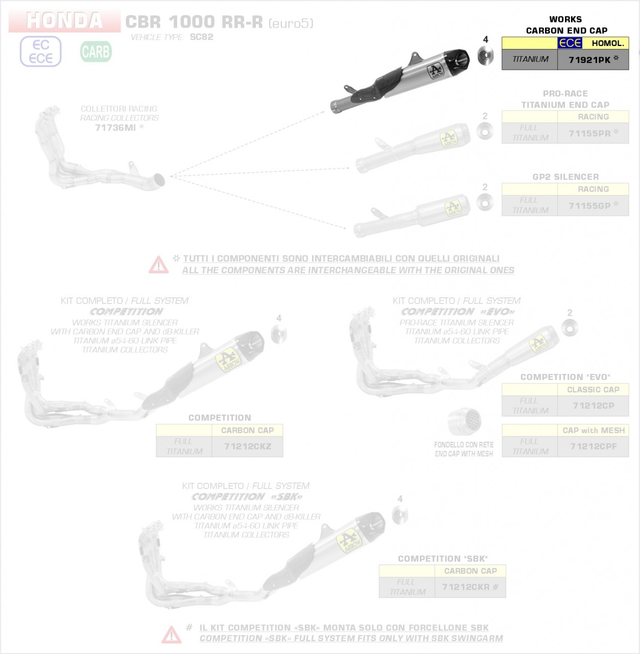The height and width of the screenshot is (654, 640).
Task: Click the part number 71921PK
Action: click(589, 60)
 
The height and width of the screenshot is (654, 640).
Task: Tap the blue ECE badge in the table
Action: click(570, 43)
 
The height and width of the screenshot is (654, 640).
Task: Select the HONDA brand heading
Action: click(64, 21)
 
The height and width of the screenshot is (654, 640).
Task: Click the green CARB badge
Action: click(96, 52)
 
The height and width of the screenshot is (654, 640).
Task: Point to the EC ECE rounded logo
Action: click(40, 52)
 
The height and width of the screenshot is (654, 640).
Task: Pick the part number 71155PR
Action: click(589, 133)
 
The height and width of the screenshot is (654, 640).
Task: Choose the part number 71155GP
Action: click(589, 206)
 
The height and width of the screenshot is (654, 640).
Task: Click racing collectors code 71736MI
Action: click(115, 128)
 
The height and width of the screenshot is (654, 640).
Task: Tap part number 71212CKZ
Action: click(247, 447)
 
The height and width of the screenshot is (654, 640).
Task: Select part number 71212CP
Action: click(593, 406)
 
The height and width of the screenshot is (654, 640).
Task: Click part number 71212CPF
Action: click(593, 447)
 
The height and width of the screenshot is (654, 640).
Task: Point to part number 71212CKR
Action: click(466, 587)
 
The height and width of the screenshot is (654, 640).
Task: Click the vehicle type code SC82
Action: click(201, 37)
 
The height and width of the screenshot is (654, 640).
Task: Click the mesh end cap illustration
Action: click(464, 422)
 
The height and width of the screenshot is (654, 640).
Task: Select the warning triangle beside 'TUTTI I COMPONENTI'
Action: click(158, 265)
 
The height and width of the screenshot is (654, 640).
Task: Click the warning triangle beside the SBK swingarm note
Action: click(171, 635)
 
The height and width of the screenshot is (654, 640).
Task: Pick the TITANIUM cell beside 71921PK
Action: click(530, 59)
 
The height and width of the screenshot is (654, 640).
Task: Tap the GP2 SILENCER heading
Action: click(565, 177)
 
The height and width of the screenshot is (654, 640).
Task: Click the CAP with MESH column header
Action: click(593, 430)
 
